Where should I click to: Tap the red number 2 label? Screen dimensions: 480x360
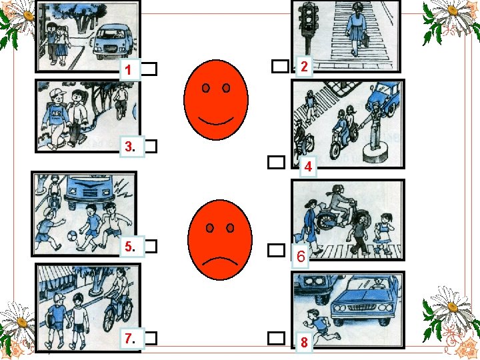pos(304,67)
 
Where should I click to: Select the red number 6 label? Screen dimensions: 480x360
pos(300,256)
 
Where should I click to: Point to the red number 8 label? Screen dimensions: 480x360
pos(304,342)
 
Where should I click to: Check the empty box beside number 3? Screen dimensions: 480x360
pos(151,146)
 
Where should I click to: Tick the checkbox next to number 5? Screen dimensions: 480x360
pos(151,246)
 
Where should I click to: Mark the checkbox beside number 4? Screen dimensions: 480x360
pos(276,162)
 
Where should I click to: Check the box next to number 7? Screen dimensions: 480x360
pos(151,338)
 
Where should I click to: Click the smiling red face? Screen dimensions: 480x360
pos(216,100)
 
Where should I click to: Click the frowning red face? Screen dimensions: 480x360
pos(220,240)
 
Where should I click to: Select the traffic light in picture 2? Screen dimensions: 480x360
pos(309,27)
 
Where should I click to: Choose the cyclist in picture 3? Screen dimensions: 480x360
pos(121,101)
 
